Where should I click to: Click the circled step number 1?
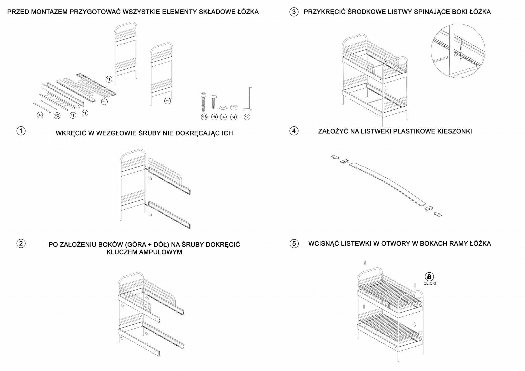pos(21,131)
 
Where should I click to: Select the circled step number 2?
pos(21,243)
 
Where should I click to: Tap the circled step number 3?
pos(294,12)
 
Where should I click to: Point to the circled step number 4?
pos(294,131)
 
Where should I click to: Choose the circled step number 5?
pos(294,243)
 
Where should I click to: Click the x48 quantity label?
pos(40,115)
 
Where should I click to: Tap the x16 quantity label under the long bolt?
pos(204,117)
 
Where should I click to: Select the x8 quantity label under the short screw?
pos(214,117)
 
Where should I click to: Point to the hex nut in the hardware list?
pos(234,107)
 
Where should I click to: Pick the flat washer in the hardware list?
pos(223,107)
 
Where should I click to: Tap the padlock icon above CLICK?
pos(429,276)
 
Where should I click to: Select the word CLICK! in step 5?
pos(430,283)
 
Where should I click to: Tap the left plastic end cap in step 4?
pos(344,162)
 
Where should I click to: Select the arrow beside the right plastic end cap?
pos(438,214)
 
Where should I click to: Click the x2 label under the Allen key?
pos(247,117)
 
